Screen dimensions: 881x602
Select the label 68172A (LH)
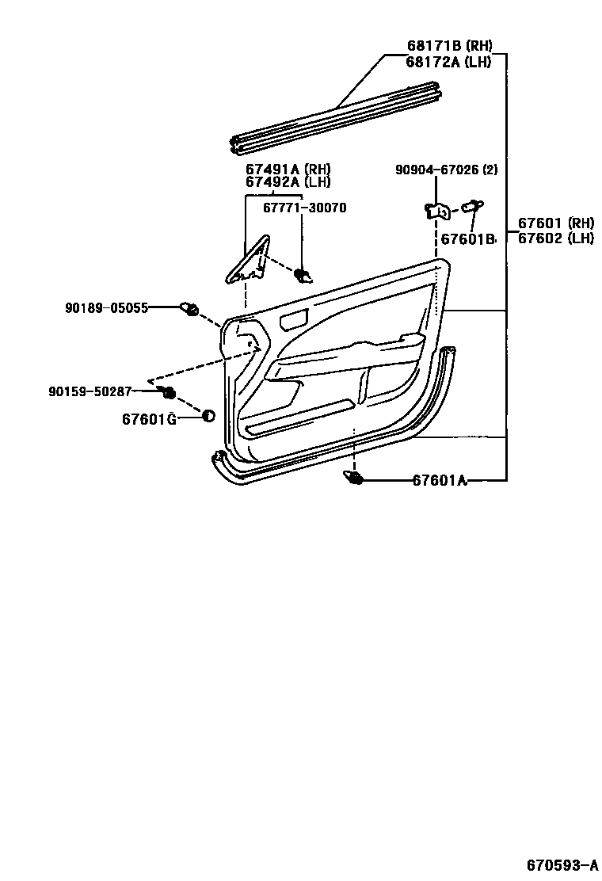click(448, 62)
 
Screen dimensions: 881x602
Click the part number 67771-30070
click(307, 208)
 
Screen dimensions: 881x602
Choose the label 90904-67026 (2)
click(447, 169)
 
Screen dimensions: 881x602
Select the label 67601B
click(468, 238)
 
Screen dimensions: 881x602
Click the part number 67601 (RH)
click(556, 223)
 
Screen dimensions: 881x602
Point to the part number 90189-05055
click(106, 307)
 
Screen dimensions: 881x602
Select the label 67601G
click(149, 418)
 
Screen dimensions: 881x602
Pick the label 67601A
click(439, 480)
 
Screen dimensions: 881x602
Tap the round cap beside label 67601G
click(208, 417)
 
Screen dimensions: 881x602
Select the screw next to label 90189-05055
click(190, 308)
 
